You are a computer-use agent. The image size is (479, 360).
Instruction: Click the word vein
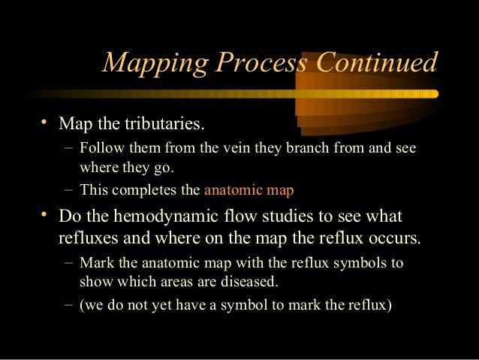235,147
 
